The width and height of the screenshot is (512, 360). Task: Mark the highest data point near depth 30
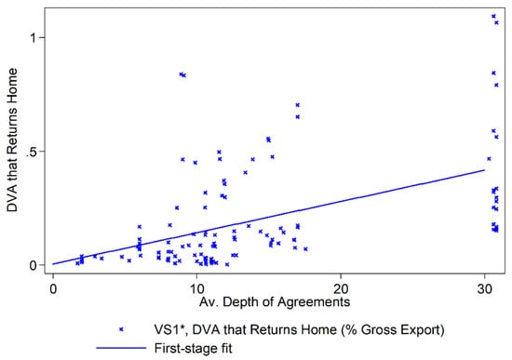pos(493,16)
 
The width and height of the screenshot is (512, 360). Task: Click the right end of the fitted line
pos(485,169)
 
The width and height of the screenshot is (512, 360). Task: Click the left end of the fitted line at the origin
pos(54,264)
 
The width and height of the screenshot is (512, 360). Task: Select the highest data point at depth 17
pos(298,105)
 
